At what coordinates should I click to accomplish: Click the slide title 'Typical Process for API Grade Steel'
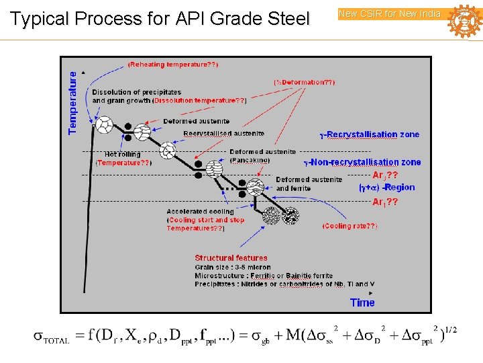point(160,19)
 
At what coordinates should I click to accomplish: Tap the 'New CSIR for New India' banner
point(390,13)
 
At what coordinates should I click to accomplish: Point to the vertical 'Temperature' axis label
point(73,103)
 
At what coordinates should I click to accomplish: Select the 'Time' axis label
point(362,302)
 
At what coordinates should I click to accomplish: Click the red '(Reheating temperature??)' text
point(172,65)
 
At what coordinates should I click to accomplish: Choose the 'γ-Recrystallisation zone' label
point(369,134)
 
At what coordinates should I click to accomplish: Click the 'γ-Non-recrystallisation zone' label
point(362,162)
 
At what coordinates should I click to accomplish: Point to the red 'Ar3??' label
point(385,174)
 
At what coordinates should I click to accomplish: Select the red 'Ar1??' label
point(385,202)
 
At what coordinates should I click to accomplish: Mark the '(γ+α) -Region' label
point(386,188)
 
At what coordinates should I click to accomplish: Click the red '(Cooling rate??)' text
point(350,227)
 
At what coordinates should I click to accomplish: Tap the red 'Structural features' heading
point(231,257)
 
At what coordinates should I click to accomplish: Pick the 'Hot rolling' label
point(123,154)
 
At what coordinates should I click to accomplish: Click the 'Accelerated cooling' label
point(201,212)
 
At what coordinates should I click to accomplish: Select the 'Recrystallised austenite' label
point(224,134)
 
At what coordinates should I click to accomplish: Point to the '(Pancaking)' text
point(250,160)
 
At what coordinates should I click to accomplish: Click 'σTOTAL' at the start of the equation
point(51,337)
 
